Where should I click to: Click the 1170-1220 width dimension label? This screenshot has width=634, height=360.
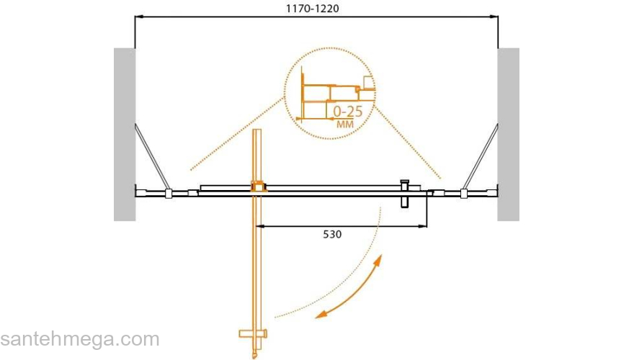pos(312,9)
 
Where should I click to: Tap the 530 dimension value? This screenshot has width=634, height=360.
pos(332,234)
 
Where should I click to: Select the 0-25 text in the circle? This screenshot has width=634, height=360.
pos(348,112)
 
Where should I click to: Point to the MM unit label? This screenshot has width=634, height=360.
pos(345,124)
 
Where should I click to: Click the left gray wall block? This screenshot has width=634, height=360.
pos(125,135)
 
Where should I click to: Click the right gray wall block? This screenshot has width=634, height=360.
pos(508,135)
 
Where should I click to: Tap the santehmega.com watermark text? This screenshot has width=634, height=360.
pos(80,339)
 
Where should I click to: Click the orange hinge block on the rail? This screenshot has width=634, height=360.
pos(257,186)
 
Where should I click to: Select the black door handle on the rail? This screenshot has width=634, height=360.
pos(404,194)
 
